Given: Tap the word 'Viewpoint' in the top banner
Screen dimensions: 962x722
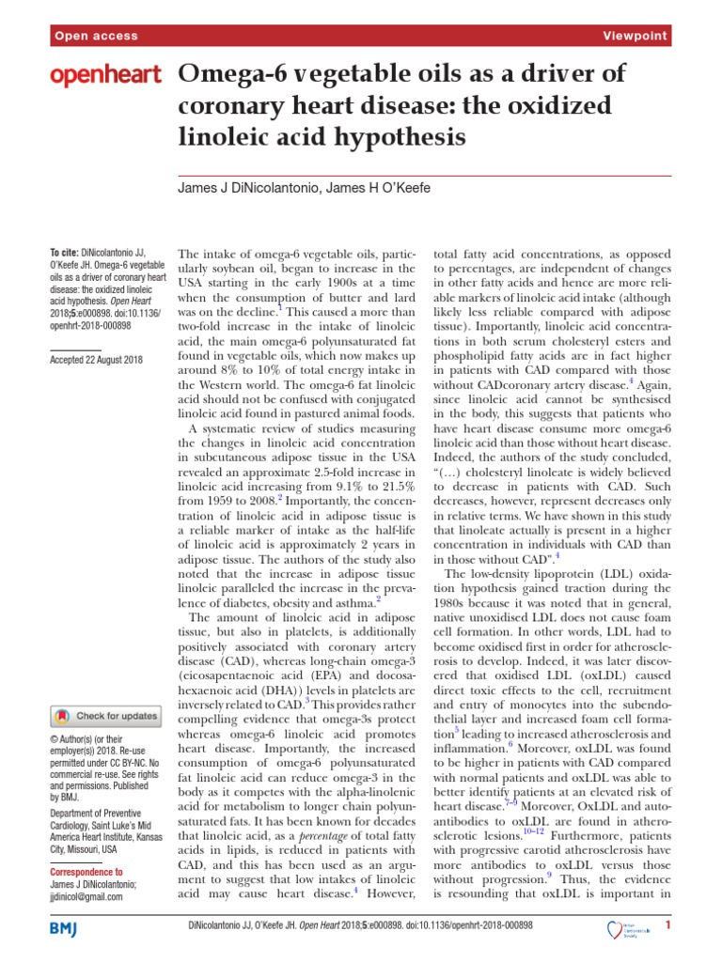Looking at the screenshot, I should (x=636, y=37).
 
